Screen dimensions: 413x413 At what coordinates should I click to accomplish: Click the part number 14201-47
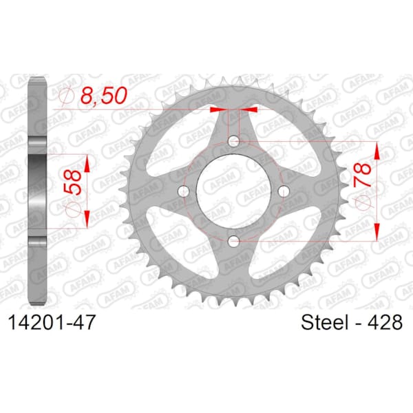click(51, 322)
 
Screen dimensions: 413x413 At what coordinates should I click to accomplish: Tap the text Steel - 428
click(352, 322)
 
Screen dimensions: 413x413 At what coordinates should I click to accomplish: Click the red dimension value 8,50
click(104, 95)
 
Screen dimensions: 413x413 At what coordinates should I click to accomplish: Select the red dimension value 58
click(72, 182)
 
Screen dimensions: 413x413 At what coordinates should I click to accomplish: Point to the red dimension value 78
click(363, 175)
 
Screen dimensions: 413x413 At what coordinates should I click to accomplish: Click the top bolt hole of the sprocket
click(233, 141)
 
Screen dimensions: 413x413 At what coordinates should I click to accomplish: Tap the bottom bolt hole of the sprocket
click(233, 241)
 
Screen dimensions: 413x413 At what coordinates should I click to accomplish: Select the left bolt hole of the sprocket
click(184, 191)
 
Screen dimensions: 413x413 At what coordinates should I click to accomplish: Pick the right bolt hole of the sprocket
click(284, 191)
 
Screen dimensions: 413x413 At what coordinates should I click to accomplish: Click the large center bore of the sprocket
click(233, 191)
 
